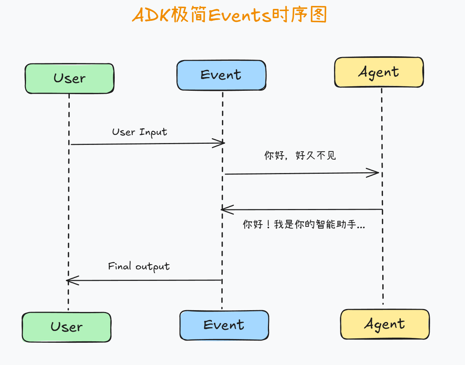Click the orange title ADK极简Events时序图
[229, 15]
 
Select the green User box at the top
[69, 79]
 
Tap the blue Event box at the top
[222, 75]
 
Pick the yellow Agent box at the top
[379, 72]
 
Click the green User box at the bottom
[66, 327]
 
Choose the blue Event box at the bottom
[224, 325]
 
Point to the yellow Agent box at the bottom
[385, 324]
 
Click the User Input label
[140, 132]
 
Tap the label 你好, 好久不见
[300, 155]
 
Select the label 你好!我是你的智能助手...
[304, 224]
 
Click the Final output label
[139, 267]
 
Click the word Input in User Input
[153, 132]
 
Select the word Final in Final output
[119, 266]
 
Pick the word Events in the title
[240, 15]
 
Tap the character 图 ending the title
[318, 14]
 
